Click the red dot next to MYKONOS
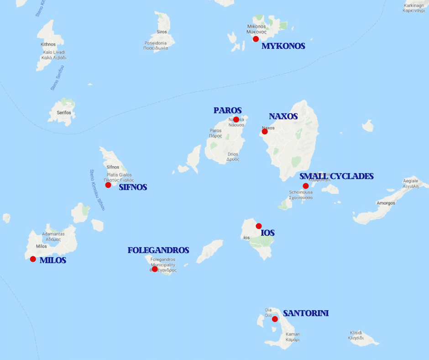click(x=256, y=39)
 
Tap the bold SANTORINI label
click(x=306, y=313)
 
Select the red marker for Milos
click(x=33, y=259)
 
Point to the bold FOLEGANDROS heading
click(x=158, y=250)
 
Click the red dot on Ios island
click(x=259, y=226)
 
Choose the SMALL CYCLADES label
click(x=336, y=176)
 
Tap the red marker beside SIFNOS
click(x=108, y=185)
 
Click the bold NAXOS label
click(x=283, y=116)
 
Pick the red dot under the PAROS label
click(x=236, y=120)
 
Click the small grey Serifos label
click(x=61, y=111)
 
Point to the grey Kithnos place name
click(x=48, y=44)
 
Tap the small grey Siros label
click(x=162, y=32)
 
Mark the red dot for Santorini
click(x=275, y=319)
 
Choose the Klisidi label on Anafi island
click(x=356, y=333)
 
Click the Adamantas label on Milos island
click(x=53, y=234)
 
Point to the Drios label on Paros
click(x=233, y=154)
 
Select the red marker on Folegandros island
click(x=155, y=269)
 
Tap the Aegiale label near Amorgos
click(x=410, y=181)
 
